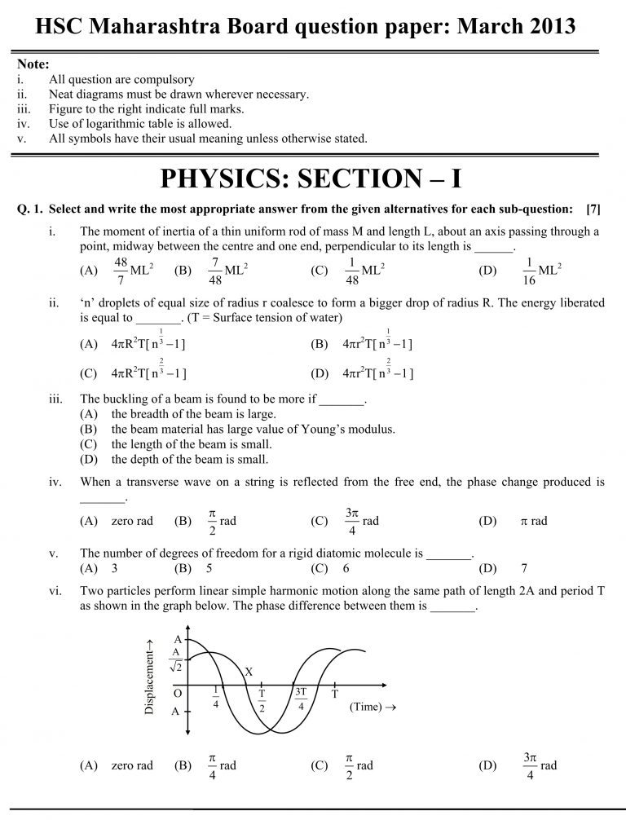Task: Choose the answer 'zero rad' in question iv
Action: pos(132,521)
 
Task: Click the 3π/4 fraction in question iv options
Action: pos(352,521)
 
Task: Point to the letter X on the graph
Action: pos(249,672)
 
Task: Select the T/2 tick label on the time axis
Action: pos(262,700)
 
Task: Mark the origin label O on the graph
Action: pos(178,692)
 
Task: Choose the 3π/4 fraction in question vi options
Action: pos(531,765)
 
